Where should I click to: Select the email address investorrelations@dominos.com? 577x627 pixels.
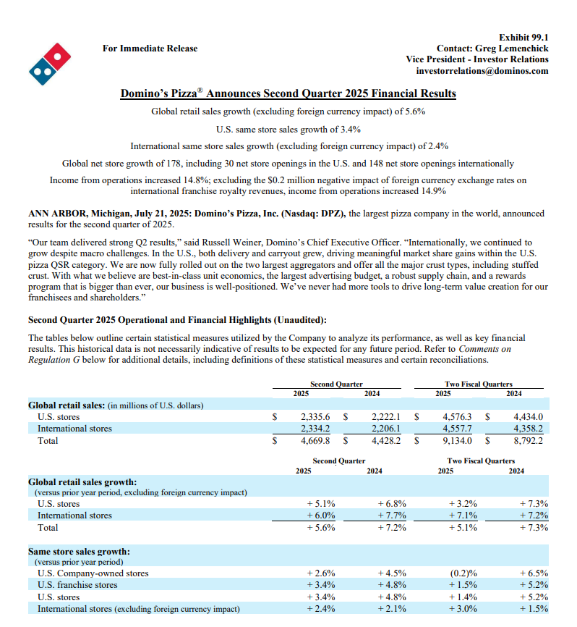[x=482, y=71]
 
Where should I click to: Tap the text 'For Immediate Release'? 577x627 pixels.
[x=150, y=49]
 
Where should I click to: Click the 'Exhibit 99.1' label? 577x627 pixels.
[x=523, y=37]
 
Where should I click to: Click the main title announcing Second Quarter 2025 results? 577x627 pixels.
[x=288, y=93]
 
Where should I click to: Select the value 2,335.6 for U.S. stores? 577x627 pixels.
[x=315, y=417]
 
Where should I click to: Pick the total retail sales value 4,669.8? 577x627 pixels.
[x=315, y=440]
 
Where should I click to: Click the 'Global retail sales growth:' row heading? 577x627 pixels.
[x=82, y=481]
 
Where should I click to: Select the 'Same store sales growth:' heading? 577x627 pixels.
[x=79, y=551]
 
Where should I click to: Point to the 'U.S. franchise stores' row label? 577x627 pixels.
[x=77, y=585]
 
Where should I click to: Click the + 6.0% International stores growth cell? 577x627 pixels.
[x=320, y=516]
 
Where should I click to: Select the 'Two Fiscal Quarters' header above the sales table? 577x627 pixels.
[x=478, y=384]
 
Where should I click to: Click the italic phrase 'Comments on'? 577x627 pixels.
[x=484, y=349]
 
